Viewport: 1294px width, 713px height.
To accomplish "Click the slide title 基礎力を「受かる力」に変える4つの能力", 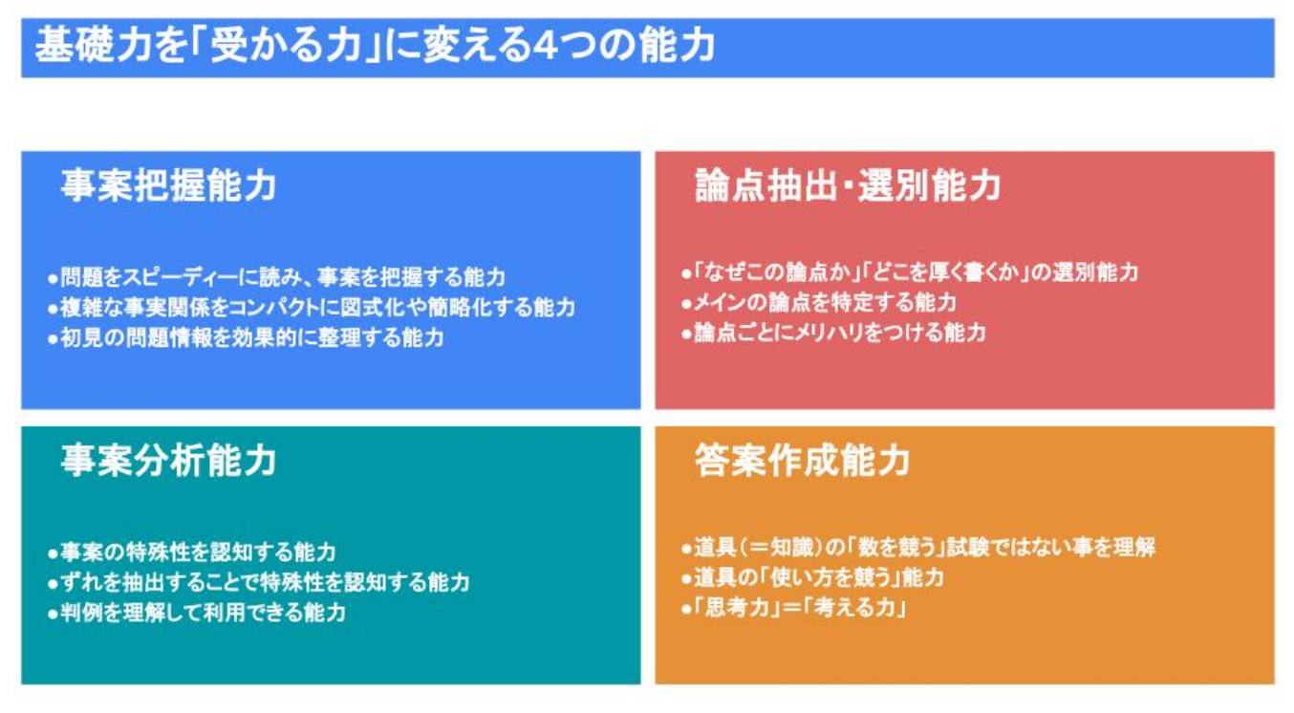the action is tap(376, 45).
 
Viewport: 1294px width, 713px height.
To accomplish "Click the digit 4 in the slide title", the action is tap(546, 46).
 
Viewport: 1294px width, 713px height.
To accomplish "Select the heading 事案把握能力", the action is tap(169, 185).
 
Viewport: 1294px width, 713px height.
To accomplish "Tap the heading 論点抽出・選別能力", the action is tap(848, 185).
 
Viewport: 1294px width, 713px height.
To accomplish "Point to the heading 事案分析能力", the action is tap(169, 461).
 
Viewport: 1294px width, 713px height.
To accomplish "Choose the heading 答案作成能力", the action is tap(803, 461).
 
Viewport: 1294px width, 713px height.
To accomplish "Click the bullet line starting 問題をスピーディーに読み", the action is tap(277, 277).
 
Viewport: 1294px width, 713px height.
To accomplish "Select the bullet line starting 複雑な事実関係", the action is tap(312, 308).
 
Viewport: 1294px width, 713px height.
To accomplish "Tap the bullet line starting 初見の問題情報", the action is tap(246, 337).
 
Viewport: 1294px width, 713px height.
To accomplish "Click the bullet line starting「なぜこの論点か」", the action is tap(910, 272).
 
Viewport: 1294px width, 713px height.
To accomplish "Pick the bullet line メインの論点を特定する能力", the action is tap(819, 302).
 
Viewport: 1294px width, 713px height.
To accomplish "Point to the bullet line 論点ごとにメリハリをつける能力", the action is tap(833, 333).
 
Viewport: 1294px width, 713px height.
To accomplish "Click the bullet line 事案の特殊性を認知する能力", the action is tap(192, 551).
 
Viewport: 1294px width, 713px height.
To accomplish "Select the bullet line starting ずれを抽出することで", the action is tap(259, 582).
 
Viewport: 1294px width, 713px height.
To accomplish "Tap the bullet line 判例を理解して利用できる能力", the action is tap(197, 612).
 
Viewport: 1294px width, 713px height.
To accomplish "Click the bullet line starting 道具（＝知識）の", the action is tap(918, 547).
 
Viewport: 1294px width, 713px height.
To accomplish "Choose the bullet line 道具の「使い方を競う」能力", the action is tap(812, 577).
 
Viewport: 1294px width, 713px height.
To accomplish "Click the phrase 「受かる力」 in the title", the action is tap(286, 45).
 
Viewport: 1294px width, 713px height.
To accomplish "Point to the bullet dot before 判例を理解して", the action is tap(53, 614).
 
